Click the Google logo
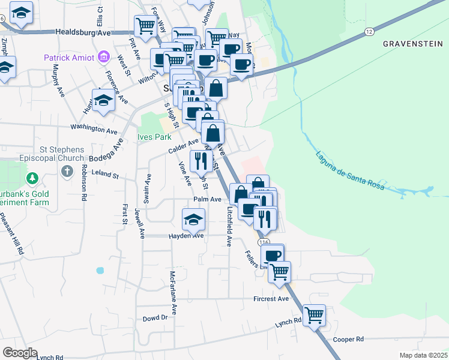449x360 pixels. (20, 352)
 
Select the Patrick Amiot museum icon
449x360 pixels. (104, 57)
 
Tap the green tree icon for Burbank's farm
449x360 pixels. (32, 179)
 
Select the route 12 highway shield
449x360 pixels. (368, 31)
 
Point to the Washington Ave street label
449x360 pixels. (94, 128)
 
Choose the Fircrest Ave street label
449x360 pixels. (271, 298)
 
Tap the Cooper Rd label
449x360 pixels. (348, 339)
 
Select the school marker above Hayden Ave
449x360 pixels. (193, 219)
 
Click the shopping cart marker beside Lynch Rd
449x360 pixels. (314, 314)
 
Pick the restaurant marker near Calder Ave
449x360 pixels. (200, 160)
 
